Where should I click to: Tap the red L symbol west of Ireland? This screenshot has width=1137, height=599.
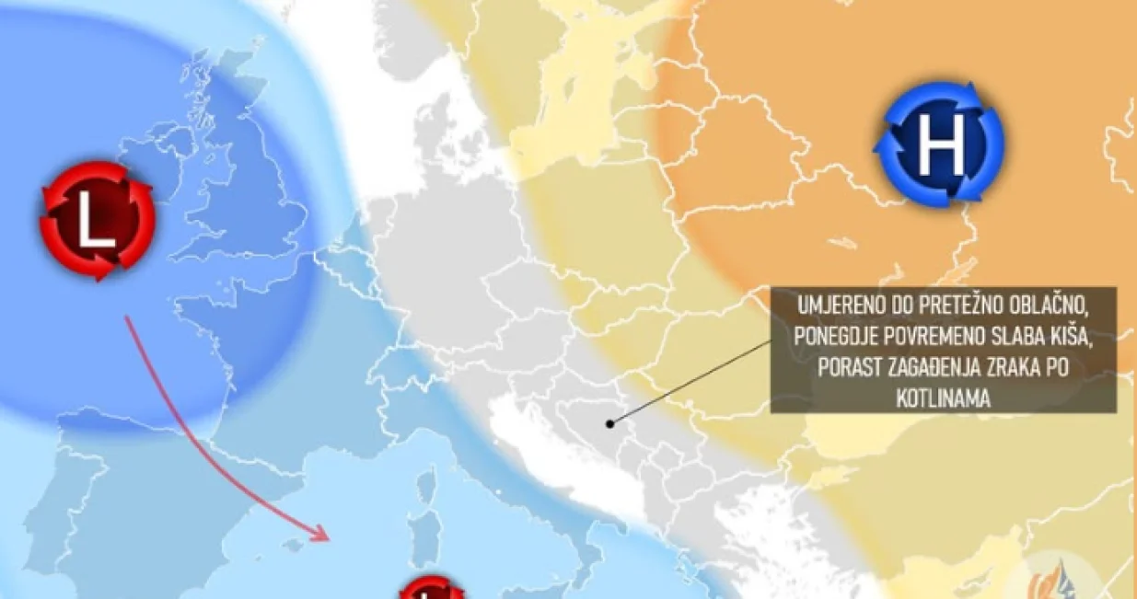click(95, 221)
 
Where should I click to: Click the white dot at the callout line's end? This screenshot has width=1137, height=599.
click(609, 423)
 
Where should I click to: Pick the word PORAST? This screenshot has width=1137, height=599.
click(843, 368)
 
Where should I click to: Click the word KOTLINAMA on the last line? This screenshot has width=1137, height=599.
click(943, 398)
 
